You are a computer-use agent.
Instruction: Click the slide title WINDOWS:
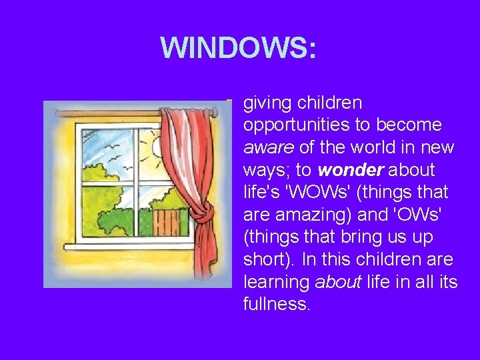[239, 48]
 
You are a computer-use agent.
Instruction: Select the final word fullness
[277, 305]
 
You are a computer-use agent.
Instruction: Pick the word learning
[277, 283]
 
